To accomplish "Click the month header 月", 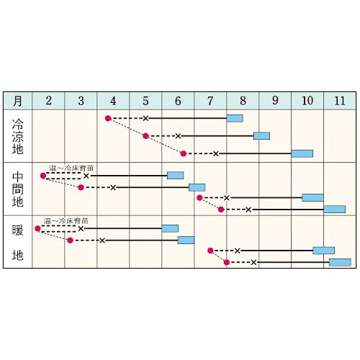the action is [17, 101].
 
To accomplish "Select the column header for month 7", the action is [210, 101].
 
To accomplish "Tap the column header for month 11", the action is [340, 101].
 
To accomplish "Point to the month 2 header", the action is [48, 101].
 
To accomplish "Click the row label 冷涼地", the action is [17, 136].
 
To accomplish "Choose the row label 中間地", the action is [17, 189].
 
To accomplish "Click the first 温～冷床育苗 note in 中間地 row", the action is [71, 168].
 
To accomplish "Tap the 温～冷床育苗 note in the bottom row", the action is [66, 221].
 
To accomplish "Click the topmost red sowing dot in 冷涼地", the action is [108, 118].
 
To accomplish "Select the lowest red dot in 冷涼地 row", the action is [184, 153].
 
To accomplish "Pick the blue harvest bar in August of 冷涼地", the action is [235, 118].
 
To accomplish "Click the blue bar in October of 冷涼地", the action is [302, 153].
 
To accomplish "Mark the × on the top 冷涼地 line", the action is [145, 118].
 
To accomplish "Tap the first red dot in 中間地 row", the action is [43, 176].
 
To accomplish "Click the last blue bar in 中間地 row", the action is [335, 210].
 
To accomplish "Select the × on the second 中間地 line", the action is [113, 187].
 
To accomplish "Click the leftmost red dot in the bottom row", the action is [37, 228].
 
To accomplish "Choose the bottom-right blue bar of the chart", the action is [340, 262].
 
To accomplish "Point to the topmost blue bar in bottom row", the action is [170, 228].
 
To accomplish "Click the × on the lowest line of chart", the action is [253, 262].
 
